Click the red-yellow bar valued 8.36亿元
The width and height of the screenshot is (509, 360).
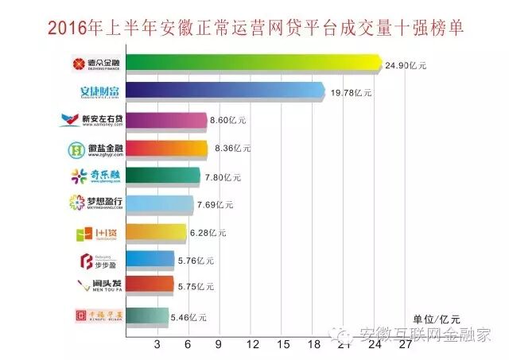pyautogui.click(x=166, y=149)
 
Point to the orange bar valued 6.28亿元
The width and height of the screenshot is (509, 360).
pyautogui.click(x=157, y=234)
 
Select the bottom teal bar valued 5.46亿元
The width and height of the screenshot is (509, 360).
pyautogui.click(x=148, y=316)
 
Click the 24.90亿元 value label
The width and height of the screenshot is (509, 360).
pyautogui.click(x=406, y=66)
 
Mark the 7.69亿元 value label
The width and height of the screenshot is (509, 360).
pyautogui.click(x=216, y=205)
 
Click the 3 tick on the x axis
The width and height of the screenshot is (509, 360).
pyautogui.click(x=156, y=345)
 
